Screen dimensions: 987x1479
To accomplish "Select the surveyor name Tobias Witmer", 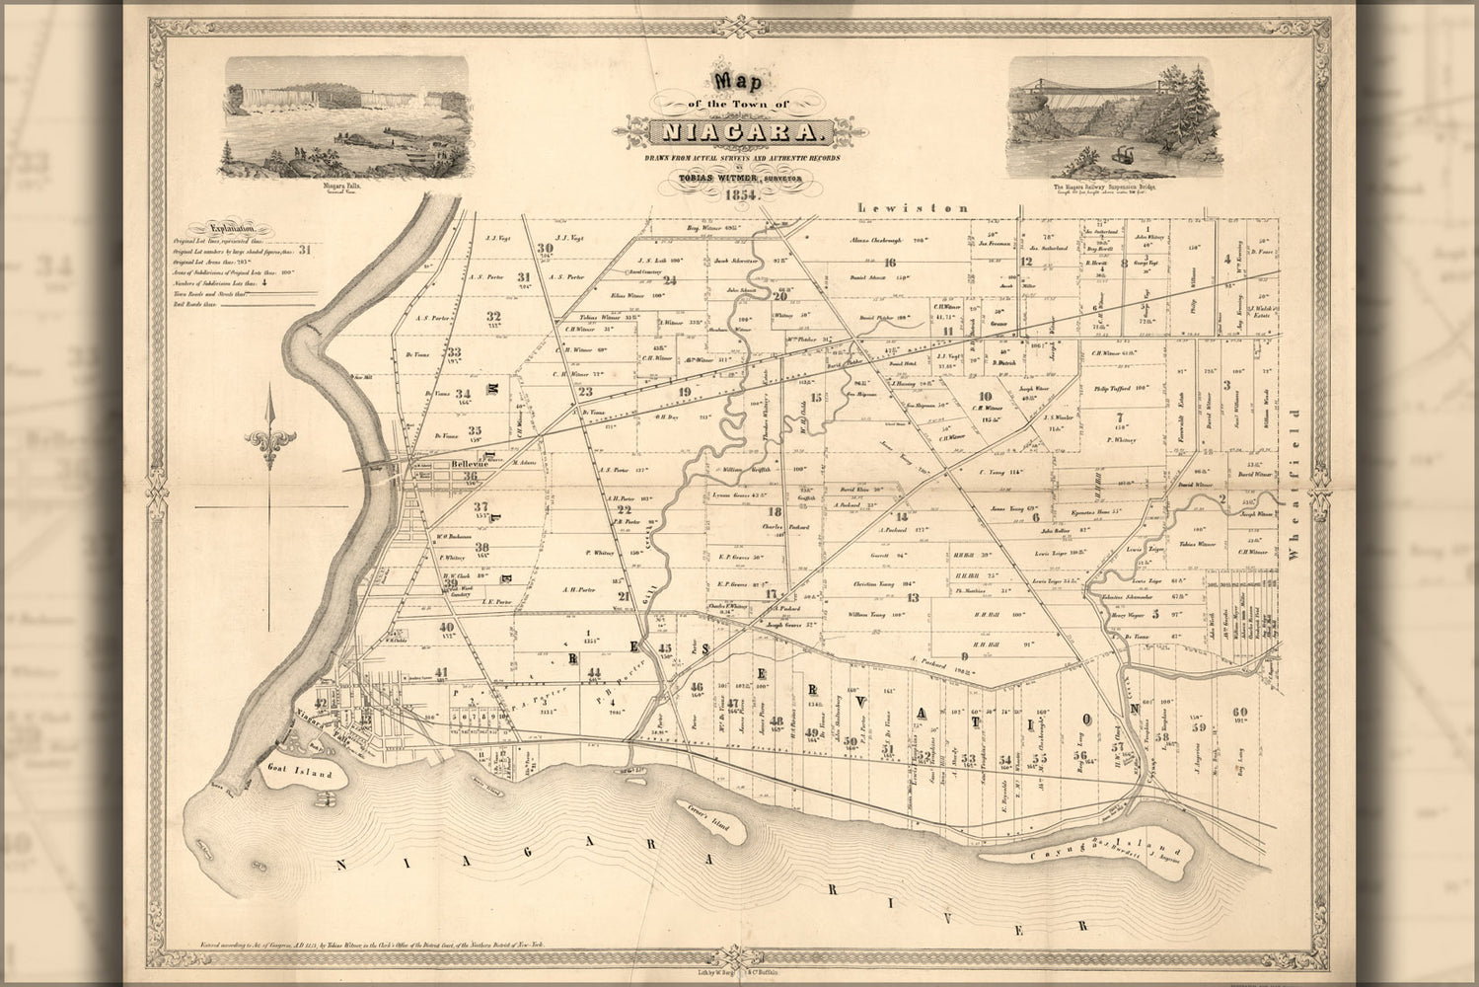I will (719, 177).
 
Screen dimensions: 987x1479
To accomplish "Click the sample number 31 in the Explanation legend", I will (305, 250).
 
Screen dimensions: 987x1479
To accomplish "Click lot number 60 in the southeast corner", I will (1240, 712).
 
